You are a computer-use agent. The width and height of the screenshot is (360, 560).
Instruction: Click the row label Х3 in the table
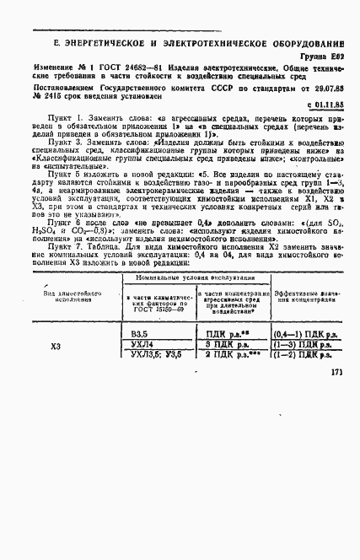56,346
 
